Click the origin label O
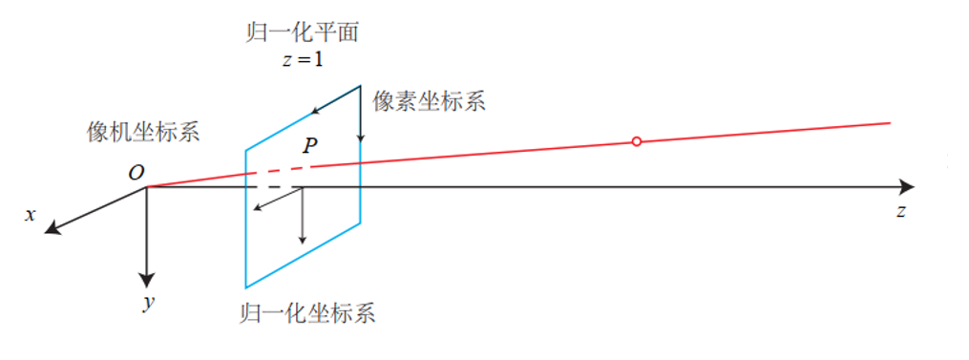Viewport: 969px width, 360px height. pos(136,173)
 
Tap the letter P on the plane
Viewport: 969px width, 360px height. pos(309,146)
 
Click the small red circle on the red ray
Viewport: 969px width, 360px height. pos(637,141)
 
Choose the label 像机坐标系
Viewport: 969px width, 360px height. pos(143,132)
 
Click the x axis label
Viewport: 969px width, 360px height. pos(31,215)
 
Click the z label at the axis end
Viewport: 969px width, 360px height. pos(900,212)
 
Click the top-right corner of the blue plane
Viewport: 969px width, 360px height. pos(360,86)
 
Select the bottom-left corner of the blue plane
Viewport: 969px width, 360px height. pos(245,287)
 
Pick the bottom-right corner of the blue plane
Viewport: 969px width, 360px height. pos(360,222)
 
